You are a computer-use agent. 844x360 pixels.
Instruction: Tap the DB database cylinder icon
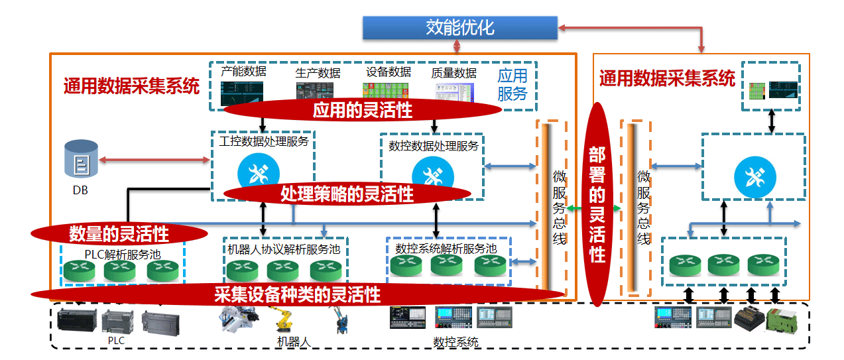point(80,159)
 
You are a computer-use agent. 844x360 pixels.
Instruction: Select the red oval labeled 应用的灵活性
point(362,110)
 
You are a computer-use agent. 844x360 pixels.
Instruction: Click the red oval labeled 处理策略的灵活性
point(347,194)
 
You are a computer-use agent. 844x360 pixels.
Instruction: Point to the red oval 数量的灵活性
point(119,233)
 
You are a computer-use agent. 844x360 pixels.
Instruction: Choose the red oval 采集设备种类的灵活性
point(297,294)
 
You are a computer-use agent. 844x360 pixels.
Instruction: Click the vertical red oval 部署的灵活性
point(597,205)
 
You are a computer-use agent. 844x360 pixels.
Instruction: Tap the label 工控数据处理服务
point(263,141)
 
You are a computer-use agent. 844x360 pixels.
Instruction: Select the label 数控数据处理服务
point(433,145)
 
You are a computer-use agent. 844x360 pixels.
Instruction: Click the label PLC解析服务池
point(123,254)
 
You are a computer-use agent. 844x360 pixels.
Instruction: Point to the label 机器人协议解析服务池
point(283,249)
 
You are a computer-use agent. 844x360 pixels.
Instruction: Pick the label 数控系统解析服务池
point(446,249)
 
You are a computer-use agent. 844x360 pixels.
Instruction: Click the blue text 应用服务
point(512,84)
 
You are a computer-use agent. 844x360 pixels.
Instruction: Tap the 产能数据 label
point(243,72)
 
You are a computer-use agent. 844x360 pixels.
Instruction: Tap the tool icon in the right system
point(753,176)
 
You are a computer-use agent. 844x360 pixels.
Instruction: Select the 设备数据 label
point(389,72)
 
